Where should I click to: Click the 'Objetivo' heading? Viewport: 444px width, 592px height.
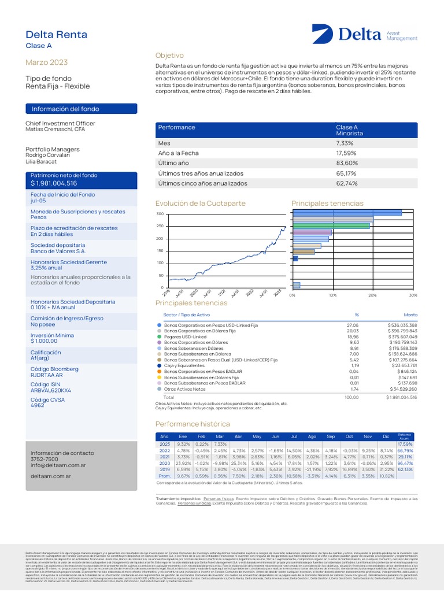[x=169, y=55]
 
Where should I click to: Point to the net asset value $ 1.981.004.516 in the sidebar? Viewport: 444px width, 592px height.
[x=54, y=183]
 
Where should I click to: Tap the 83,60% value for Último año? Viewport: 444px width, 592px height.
[x=346, y=163]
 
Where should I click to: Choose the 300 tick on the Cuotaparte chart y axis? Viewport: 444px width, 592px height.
[x=160, y=214]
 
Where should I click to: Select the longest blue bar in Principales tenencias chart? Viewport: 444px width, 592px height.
[x=347, y=212]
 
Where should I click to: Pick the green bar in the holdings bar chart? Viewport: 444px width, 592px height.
[x=331, y=225]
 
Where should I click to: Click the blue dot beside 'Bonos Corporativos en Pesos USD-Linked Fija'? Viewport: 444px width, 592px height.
[x=159, y=325]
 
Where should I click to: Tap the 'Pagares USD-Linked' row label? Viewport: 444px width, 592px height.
[x=185, y=336]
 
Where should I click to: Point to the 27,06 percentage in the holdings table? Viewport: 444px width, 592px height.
[x=353, y=325]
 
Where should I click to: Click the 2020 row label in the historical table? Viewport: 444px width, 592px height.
[x=165, y=463]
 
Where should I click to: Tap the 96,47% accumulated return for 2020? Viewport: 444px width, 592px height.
[x=405, y=463]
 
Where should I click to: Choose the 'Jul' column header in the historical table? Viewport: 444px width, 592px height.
[x=295, y=436]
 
